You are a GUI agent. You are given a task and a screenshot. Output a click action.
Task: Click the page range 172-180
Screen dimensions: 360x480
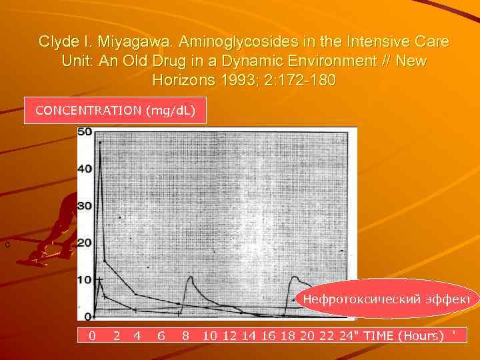click(303, 81)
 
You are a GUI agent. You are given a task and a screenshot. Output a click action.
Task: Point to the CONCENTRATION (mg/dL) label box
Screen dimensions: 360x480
click(115, 110)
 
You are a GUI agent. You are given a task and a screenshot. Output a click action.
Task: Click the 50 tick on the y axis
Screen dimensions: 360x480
click(85, 132)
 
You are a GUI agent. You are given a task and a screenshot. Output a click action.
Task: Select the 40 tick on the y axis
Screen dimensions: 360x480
click(85, 169)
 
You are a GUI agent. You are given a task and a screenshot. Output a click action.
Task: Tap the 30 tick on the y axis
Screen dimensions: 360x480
click(85, 206)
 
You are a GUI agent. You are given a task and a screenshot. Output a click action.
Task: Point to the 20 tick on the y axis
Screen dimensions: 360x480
click(85, 243)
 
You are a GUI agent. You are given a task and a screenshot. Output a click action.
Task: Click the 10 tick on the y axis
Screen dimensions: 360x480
click(85, 279)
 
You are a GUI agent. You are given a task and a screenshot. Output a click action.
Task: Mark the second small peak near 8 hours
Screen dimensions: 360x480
click(191, 276)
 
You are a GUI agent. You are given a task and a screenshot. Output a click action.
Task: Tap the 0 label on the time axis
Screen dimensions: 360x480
click(93, 335)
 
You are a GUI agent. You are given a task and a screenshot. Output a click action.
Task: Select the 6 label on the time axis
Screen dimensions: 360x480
click(161, 335)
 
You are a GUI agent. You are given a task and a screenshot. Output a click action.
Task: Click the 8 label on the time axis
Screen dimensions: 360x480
click(185, 335)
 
